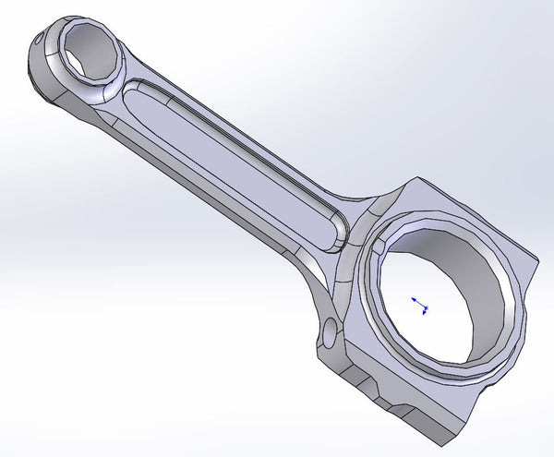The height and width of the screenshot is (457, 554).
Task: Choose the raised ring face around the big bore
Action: pyautogui.click(x=369, y=305)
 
